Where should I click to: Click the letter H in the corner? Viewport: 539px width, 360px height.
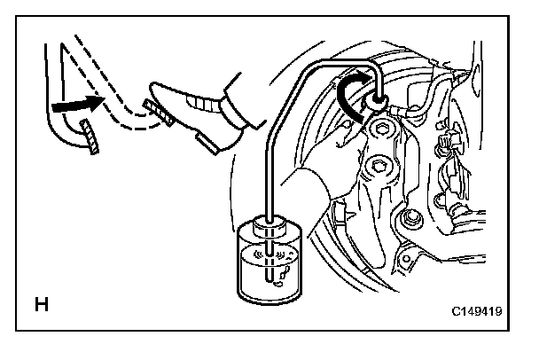(41, 308)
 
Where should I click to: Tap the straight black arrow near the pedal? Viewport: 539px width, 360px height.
(70, 106)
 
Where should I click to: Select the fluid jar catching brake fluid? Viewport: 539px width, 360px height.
(271, 266)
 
